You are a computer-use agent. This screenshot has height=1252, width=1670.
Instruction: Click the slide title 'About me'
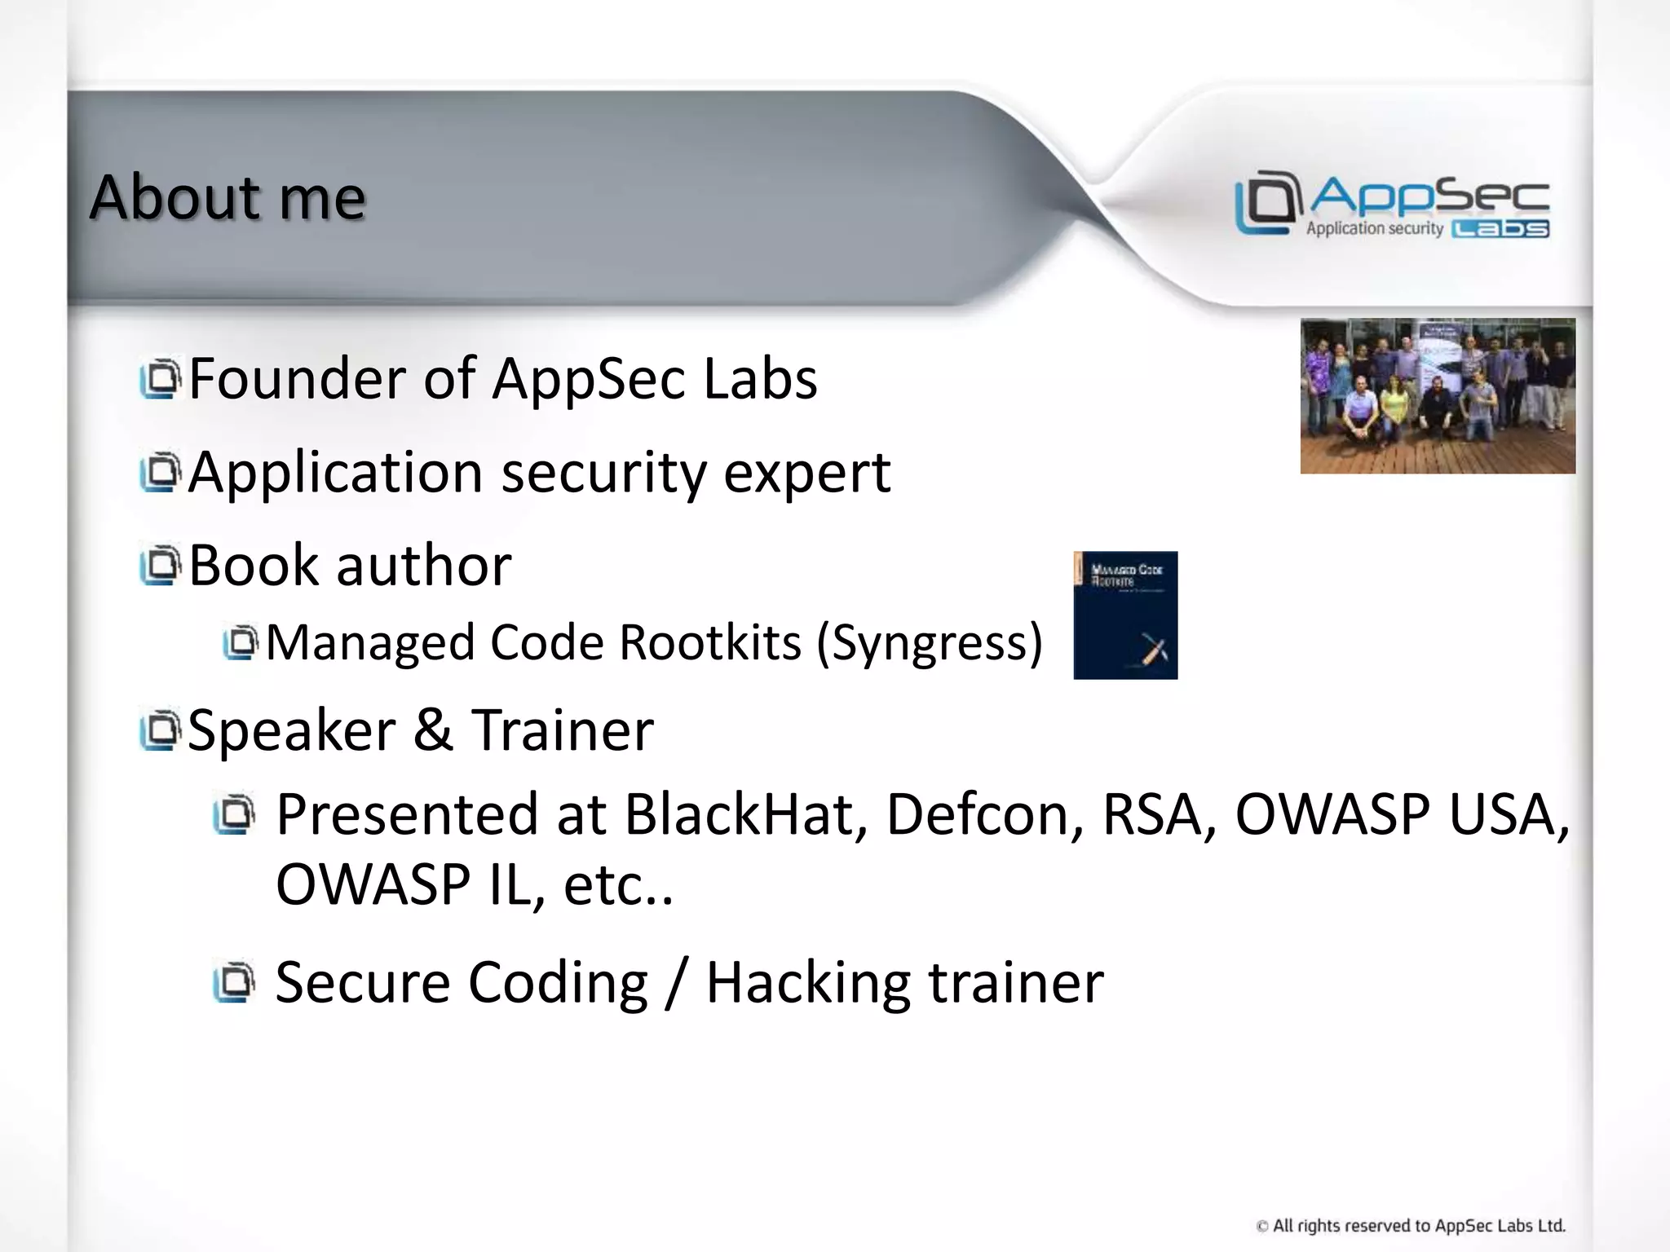pos(228,197)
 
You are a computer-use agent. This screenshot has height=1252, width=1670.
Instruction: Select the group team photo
pos(1437,396)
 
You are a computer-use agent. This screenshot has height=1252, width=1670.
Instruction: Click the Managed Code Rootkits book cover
pos(1124,615)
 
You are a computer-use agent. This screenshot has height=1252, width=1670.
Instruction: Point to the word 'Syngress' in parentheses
pos(929,643)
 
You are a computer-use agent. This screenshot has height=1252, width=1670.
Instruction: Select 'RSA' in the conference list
pos(1151,814)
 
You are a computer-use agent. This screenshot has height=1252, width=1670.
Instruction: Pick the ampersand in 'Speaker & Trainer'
pos(432,730)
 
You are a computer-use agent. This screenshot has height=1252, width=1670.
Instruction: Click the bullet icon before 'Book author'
pos(159,565)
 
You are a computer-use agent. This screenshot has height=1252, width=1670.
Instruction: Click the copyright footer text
pos(1411,1226)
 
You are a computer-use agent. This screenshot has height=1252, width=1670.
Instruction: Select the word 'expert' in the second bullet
pos(806,474)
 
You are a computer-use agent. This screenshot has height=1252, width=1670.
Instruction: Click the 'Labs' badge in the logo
pos(1500,229)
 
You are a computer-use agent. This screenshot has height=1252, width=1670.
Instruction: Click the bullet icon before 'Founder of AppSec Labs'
pos(159,379)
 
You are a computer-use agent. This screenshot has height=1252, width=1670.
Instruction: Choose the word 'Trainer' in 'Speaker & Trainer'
pos(563,730)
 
